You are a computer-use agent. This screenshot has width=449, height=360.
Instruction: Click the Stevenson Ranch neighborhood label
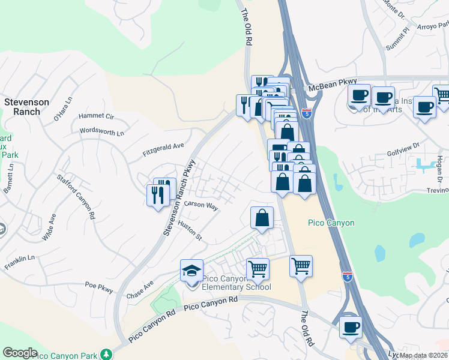26,107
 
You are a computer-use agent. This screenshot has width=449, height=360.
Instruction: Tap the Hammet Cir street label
96,116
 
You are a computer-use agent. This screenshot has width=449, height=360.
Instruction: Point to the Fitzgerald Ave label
163,148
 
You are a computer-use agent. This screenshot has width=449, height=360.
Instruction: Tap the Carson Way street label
201,205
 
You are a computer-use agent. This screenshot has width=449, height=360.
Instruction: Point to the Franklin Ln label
20,262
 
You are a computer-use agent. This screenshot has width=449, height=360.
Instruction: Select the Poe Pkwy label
99,287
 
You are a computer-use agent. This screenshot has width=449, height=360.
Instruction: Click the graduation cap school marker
191,271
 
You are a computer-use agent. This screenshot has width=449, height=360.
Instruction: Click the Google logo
20,352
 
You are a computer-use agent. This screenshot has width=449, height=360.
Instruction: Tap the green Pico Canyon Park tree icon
106,354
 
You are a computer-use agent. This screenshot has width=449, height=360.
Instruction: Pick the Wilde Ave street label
49,227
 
